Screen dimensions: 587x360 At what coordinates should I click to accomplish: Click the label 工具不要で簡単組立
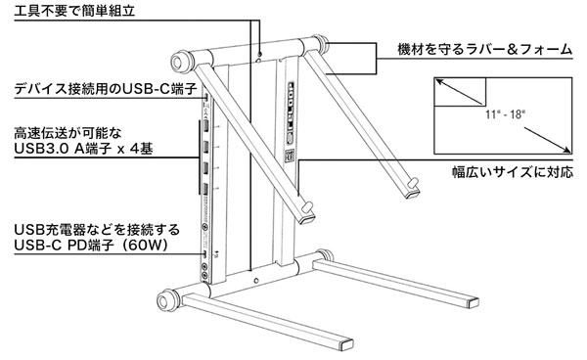pyautogui.click(x=74, y=10)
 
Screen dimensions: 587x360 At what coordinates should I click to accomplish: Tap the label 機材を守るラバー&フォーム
pyautogui.click(x=485, y=49)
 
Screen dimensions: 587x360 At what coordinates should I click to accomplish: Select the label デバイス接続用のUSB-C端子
pyautogui.click(x=106, y=89)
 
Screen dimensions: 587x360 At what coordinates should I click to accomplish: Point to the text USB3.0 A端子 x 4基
pyautogui.click(x=83, y=149)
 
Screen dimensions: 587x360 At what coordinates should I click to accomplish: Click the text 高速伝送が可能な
pyautogui.click(x=68, y=133)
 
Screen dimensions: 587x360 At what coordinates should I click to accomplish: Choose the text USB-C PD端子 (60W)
pyautogui.click(x=90, y=246)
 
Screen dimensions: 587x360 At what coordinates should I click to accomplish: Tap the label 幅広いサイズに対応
pyautogui.click(x=513, y=172)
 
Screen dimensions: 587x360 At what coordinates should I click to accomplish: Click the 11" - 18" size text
pyautogui.click(x=505, y=114)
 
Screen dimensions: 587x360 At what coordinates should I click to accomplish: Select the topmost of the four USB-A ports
pyautogui.click(x=205, y=125)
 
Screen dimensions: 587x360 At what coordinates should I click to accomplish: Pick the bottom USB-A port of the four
pyautogui.click(x=205, y=190)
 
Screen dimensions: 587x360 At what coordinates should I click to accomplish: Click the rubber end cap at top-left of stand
pyautogui.click(x=178, y=62)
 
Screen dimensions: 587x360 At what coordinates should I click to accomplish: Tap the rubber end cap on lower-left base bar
pyautogui.click(x=164, y=300)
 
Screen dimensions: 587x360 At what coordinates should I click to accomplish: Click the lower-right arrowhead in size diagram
pyautogui.click(x=567, y=150)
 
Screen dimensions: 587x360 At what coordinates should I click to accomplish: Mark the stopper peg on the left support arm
pyautogui.click(x=308, y=206)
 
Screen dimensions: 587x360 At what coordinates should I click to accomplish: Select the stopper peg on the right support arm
pyautogui.click(x=413, y=182)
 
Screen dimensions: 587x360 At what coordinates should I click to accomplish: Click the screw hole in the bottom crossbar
pyautogui.click(x=256, y=281)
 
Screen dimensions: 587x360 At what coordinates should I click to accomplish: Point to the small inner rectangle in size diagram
pyautogui.click(x=460, y=92)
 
